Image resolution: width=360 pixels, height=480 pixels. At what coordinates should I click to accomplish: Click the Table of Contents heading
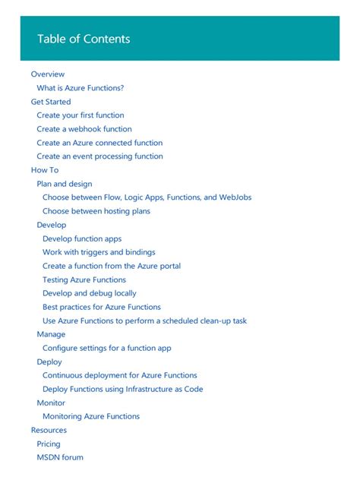pyautogui.click(x=84, y=39)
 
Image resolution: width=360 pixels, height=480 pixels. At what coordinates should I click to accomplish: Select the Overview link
pyautogui.click(x=48, y=74)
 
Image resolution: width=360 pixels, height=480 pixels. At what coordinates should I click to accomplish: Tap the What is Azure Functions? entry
pyautogui.click(x=81, y=88)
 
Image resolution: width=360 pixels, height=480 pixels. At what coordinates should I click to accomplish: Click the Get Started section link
pyautogui.click(x=51, y=102)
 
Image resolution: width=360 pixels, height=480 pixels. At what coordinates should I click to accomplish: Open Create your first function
pyautogui.click(x=81, y=115)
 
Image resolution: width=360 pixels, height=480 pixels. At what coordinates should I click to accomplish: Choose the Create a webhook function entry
pyautogui.click(x=84, y=129)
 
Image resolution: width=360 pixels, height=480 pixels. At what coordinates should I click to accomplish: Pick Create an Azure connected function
pyautogui.click(x=99, y=143)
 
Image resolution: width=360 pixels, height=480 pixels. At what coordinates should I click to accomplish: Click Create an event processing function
pyautogui.click(x=99, y=156)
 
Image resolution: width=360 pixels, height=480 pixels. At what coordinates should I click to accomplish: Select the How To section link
pyautogui.click(x=45, y=170)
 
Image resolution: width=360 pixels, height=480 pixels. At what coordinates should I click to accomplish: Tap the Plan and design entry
pyautogui.click(x=65, y=184)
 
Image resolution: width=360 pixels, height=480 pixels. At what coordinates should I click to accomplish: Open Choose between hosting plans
pyautogui.click(x=96, y=211)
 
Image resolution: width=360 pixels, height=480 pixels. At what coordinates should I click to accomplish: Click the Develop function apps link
pyautogui.click(x=82, y=238)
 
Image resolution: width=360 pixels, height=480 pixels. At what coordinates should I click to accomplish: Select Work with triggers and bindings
pyautogui.click(x=99, y=252)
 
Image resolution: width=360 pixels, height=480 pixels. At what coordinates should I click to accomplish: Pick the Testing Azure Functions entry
pyautogui.click(x=84, y=279)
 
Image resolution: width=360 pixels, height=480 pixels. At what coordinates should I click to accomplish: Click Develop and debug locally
pyautogui.click(x=90, y=293)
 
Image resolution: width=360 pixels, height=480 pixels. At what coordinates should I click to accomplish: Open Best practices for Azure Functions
pyautogui.click(x=102, y=307)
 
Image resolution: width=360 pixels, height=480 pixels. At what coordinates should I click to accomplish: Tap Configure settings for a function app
pyautogui.click(x=107, y=348)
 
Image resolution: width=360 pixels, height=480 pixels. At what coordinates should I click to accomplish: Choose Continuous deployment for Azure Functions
pyautogui.click(x=120, y=375)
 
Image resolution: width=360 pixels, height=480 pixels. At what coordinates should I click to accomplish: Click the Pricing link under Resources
pyautogui.click(x=49, y=444)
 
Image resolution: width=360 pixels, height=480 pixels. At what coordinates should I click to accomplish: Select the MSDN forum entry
pyautogui.click(x=60, y=457)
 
